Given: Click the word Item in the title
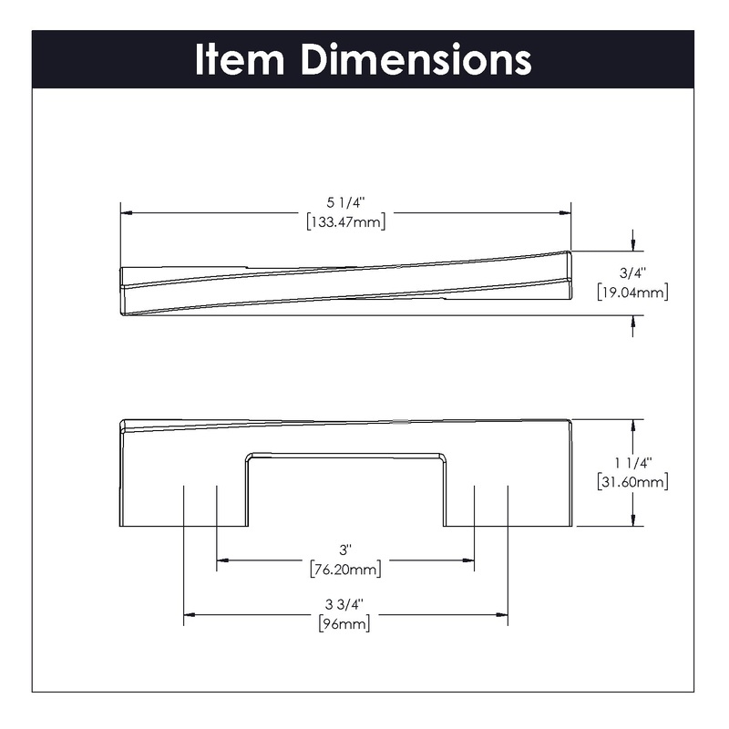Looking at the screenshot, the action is (x=240, y=59).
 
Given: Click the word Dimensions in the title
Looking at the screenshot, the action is (x=416, y=59).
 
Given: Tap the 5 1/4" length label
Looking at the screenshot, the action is (x=346, y=202).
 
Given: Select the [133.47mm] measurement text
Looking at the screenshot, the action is (x=346, y=221).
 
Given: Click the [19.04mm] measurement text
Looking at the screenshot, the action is (x=632, y=292).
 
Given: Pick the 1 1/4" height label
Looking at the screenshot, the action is (x=633, y=463).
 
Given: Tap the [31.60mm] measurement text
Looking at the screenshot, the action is (x=632, y=482).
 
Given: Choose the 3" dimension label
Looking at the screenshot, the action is (x=345, y=550).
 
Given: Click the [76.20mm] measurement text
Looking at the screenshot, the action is (x=345, y=569).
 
